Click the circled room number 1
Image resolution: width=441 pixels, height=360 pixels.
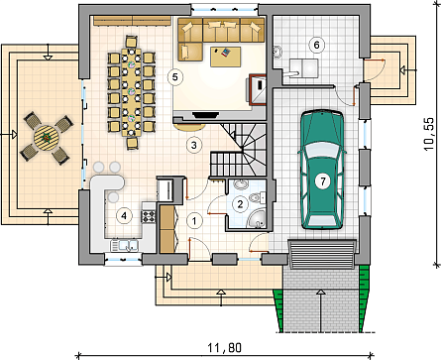point(194,221)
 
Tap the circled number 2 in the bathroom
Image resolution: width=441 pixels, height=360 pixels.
point(240,203)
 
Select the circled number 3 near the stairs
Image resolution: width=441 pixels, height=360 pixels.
point(194,145)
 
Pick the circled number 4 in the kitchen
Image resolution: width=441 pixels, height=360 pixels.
point(124,216)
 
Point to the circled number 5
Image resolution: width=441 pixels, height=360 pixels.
point(174,77)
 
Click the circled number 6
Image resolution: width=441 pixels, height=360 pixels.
point(316,45)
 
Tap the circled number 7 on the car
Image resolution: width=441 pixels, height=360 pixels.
point(322,181)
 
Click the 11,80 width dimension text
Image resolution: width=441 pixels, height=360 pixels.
point(224,348)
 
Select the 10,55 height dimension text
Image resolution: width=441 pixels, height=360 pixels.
point(429,134)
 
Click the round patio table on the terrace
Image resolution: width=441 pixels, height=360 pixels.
point(47,137)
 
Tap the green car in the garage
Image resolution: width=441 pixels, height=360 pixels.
point(322,170)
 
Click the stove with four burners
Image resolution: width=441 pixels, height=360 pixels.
point(149,216)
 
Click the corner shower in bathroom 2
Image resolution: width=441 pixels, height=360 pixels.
point(257,218)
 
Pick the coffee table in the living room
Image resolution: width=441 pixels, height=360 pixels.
point(226,57)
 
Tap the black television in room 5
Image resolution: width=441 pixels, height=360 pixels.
point(205,115)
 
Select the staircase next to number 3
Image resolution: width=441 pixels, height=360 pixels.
point(239,150)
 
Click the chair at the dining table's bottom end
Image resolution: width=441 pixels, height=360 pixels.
point(132,143)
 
